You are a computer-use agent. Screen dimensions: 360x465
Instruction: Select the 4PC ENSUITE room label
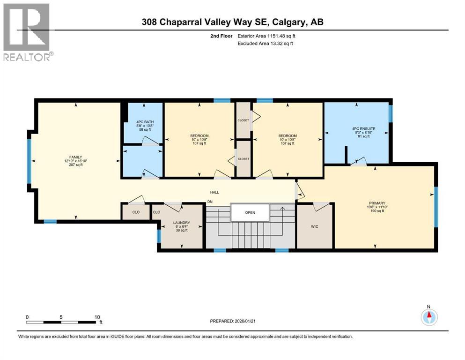(x=363, y=128)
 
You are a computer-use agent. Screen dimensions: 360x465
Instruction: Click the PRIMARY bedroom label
(x=376, y=203)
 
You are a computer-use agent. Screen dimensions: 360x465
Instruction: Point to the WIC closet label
(x=315, y=226)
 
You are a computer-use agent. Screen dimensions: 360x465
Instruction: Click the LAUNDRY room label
(x=180, y=223)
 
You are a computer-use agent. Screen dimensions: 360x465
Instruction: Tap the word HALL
(x=214, y=192)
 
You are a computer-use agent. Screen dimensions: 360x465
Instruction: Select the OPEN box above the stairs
(x=250, y=212)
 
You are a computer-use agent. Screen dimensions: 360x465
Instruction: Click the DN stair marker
(x=211, y=202)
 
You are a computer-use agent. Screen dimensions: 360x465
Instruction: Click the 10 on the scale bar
(x=97, y=317)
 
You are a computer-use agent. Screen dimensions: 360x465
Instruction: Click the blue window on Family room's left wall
(x=29, y=161)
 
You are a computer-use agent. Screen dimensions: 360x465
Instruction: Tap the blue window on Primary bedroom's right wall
(x=436, y=202)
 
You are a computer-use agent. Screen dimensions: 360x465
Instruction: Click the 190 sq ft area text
(x=376, y=211)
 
